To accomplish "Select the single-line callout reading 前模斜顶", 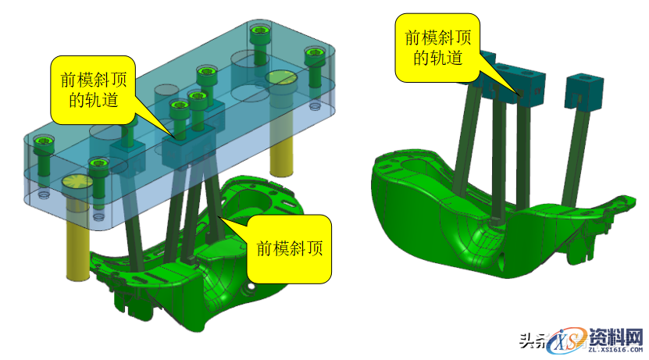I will point(290,248).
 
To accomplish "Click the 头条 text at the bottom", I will point(533,340).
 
